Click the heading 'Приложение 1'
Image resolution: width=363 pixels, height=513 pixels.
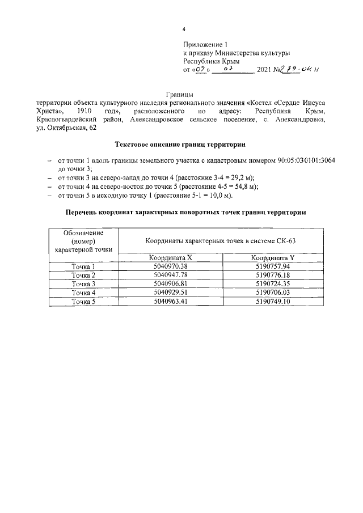pyautogui.click(x=205, y=44)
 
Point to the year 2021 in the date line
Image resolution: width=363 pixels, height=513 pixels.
pyautogui.click(x=265, y=70)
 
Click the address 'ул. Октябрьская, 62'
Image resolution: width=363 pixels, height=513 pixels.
pyautogui.click(x=66, y=129)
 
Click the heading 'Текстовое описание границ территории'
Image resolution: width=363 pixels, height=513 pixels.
pyautogui.click(x=180, y=145)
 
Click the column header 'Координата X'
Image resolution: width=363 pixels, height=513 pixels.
pyautogui.click(x=171, y=257)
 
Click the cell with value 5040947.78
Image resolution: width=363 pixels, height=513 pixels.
pyautogui.click(x=171, y=275)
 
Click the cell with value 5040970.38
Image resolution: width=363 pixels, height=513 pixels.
pyautogui.click(x=171, y=266)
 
